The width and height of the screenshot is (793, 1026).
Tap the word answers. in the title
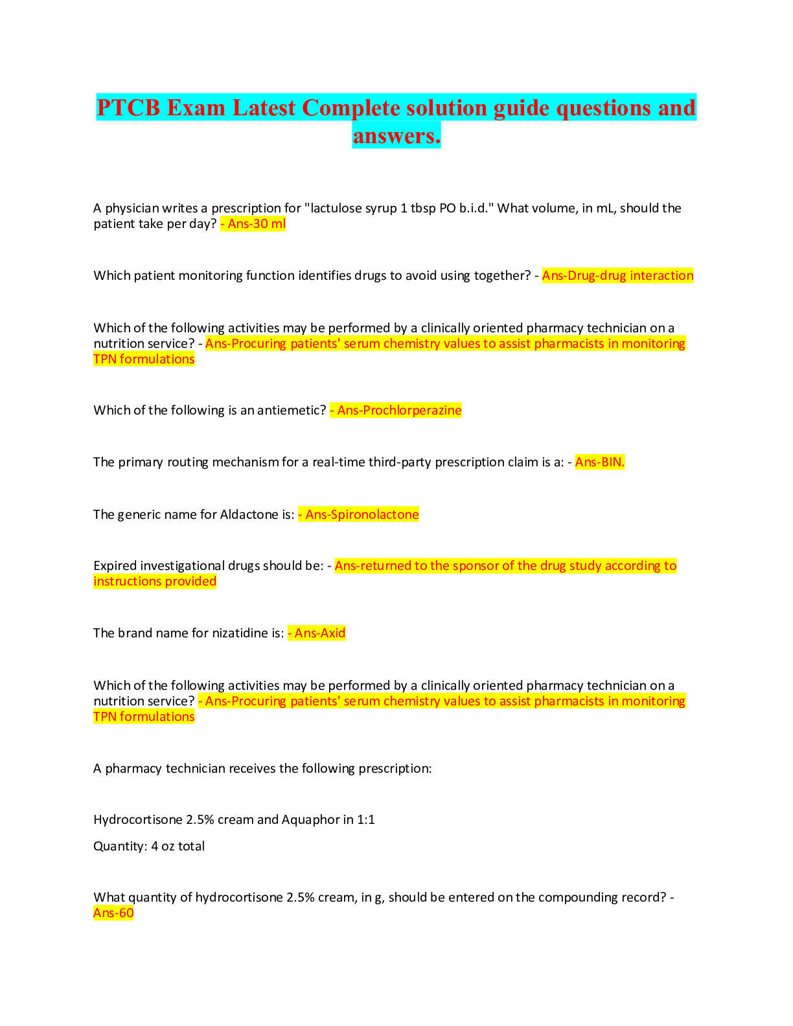(396, 135)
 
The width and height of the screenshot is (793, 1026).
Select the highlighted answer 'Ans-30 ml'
(256, 224)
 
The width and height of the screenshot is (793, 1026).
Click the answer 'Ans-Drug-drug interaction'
(617, 276)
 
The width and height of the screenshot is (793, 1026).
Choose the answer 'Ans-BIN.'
(600, 462)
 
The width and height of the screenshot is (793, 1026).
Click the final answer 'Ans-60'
(113, 913)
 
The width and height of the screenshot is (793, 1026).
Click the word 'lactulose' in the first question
(338, 209)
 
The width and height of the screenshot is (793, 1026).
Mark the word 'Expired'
(115, 566)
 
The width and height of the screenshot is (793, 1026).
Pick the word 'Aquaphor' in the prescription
(307, 820)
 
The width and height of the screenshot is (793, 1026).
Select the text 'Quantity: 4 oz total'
(149, 847)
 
